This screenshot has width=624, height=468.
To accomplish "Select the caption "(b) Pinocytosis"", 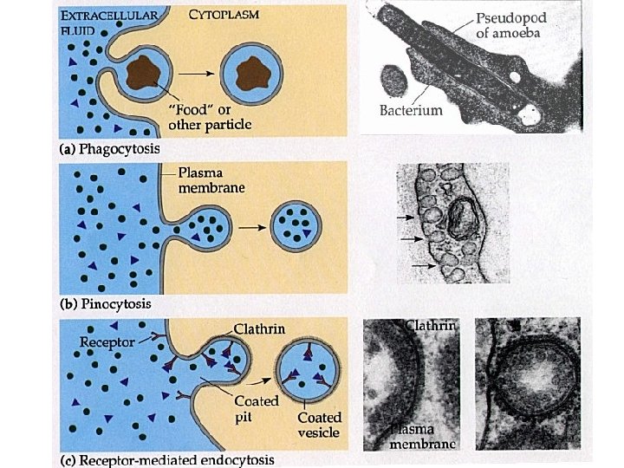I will point(104,304).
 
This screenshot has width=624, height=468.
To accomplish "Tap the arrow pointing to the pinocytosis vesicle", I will point(252,228).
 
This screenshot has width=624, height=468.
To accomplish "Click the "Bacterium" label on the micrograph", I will point(411,110).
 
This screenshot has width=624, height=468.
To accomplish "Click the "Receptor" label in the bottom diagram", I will point(107,341).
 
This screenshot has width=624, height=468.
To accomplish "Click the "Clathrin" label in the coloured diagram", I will point(259,329).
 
